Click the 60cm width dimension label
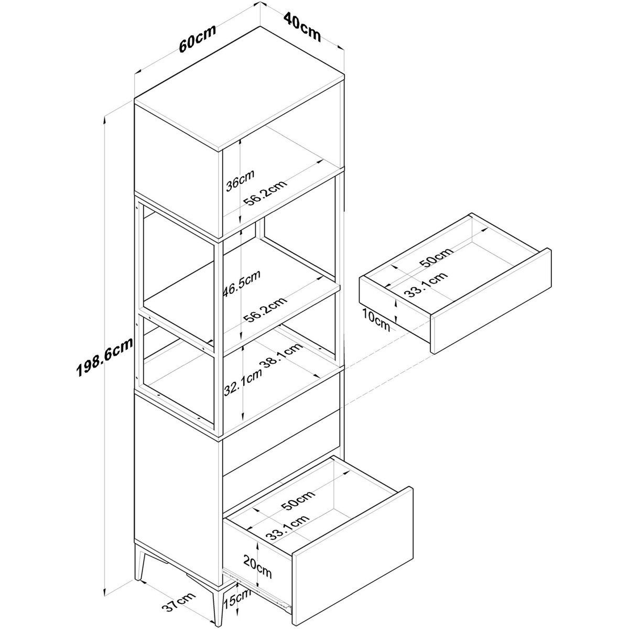(198, 38)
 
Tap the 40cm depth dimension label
(302, 27)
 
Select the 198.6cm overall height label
(105, 357)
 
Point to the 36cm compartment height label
(240, 180)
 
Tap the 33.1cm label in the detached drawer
(426, 284)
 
